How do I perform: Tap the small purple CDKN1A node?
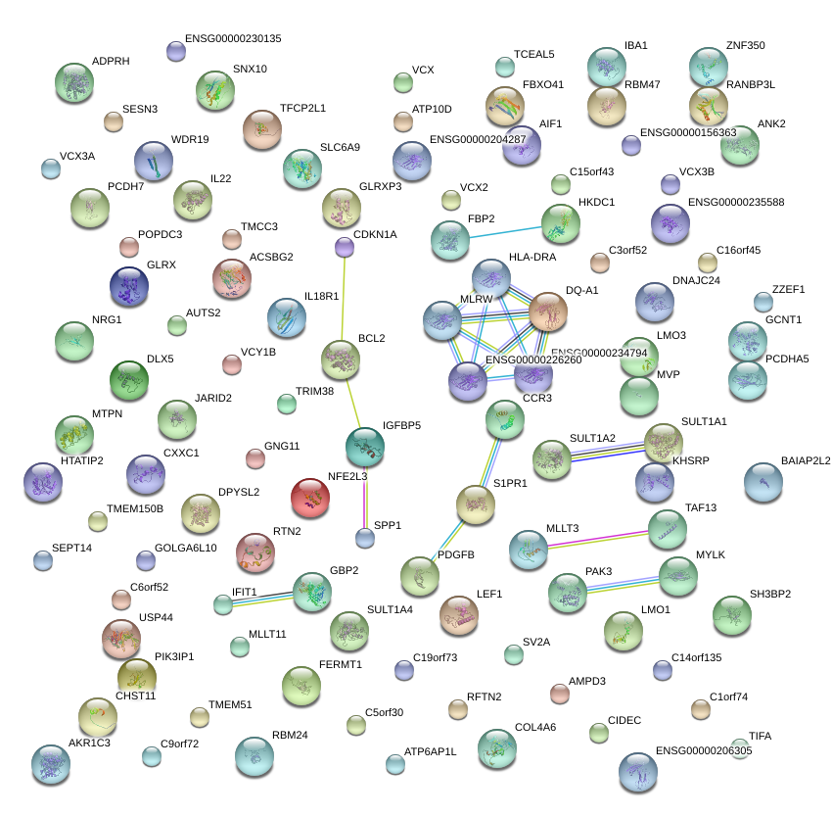[x=345, y=248]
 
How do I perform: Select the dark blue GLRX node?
[x=129, y=286]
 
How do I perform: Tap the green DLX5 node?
[x=128, y=379]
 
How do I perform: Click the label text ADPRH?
[x=111, y=61]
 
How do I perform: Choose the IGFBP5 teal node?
[x=365, y=447]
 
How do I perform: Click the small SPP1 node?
[x=365, y=537]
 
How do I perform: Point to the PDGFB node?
[x=419, y=575]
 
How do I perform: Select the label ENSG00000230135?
[x=233, y=39]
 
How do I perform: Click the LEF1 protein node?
[x=458, y=614]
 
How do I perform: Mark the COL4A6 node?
[x=496, y=748]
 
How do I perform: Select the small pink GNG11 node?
[x=254, y=457]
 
